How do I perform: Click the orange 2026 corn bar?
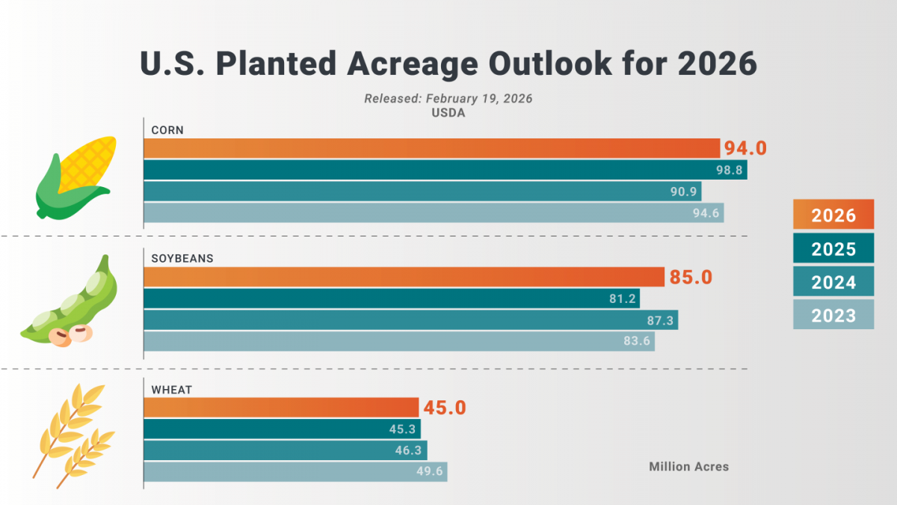pyautogui.click(x=432, y=148)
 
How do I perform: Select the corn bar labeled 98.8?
pyautogui.click(x=446, y=170)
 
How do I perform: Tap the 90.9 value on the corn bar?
pyautogui.click(x=683, y=192)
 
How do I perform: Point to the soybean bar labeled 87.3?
pyautogui.click(x=411, y=320)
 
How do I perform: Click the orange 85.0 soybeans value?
pyautogui.click(x=691, y=278)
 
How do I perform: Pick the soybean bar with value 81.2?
pyautogui.click(x=392, y=299)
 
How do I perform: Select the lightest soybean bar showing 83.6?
pyautogui.click(x=399, y=341)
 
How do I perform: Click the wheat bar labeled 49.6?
pyautogui.click(x=295, y=472)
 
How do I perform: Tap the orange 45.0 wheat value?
pyautogui.click(x=445, y=408)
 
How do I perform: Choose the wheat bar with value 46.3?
pyautogui.click(x=286, y=450)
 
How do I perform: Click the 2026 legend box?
pyautogui.click(x=833, y=214)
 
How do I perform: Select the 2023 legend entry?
pyautogui.click(x=833, y=315)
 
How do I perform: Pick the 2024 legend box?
pyautogui.click(x=833, y=281)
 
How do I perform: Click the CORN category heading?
pyautogui.click(x=167, y=130)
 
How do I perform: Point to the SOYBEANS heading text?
pyautogui.click(x=182, y=259)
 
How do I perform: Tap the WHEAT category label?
pyautogui.click(x=172, y=390)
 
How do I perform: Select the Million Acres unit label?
pyautogui.click(x=688, y=467)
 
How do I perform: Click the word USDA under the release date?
pyautogui.click(x=448, y=113)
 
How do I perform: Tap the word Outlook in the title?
pyautogui.click(x=550, y=64)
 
